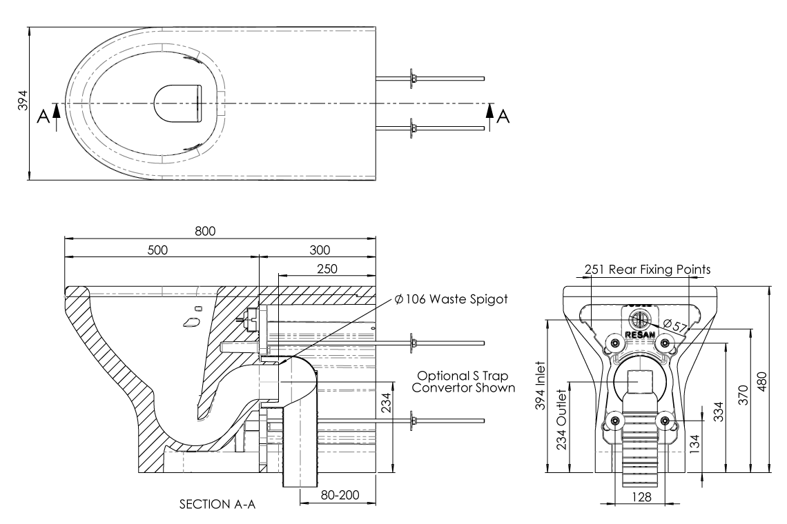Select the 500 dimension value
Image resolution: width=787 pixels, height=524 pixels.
click(157, 249)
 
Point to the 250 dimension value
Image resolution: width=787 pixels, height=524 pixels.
click(329, 268)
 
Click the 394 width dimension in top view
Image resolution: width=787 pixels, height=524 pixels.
click(22, 103)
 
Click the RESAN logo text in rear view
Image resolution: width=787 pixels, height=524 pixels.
click(639, 334)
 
